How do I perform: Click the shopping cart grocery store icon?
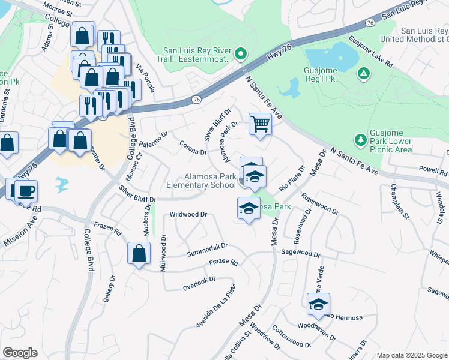coord(260,124)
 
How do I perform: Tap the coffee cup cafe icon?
coord(26,191)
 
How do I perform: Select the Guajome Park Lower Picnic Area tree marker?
coord(361,139)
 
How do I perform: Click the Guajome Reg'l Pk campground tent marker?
coord(363,74)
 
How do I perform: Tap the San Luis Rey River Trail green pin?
coord(240,55)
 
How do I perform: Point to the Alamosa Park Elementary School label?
coord(209,181)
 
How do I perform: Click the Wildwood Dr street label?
coord(188,214)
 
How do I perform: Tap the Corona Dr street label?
coord(193,147)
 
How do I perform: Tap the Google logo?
coord(20,353)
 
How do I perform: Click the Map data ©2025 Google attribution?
coord(411,355)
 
